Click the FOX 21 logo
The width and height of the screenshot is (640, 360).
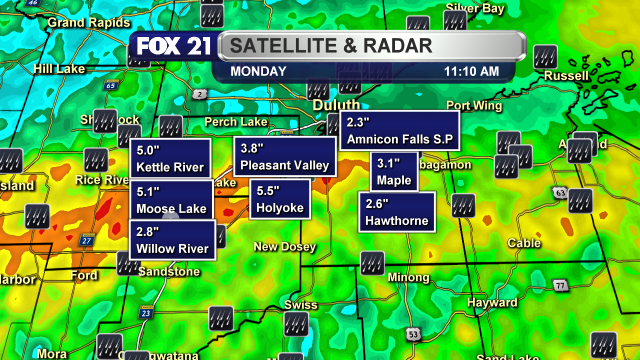pyautogui.click(x=173, y=46)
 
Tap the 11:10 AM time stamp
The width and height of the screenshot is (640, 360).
pyautogui.click(x=471, y=71)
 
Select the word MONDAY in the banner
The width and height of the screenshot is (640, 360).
pyautogui.click(x=258, y=71)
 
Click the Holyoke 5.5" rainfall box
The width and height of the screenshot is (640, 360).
pyautogui.click(x=280, y=199)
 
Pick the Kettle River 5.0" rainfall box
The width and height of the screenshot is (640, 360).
pyautogui.click(x=170, y=159)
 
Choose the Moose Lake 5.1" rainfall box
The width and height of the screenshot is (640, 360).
pyautogui.click(x=171, y=200)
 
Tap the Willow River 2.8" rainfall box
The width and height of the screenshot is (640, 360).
pyautogui.click(x=172, y=240)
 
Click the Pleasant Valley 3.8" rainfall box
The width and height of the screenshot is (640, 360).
pyautogui.click(x=285, y=157)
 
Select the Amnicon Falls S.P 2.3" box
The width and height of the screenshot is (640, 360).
pyautogui.click(x=400, y=131)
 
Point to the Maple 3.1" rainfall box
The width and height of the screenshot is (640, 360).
pyautogui.click(x=394, y=172)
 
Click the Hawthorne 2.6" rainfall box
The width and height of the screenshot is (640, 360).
pyautogui.click(x=397, y=212)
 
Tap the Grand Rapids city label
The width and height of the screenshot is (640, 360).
pyautogui.click(x=89, y=23)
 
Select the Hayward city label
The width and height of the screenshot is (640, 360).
pyautogui.click(x=492, y=303)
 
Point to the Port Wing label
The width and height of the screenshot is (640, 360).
pyautogui.click(x=474, y=106)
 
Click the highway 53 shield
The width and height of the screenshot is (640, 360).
pyautogui.click(x=413, y=334)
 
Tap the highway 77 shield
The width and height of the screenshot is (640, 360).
pyautogui.click(x=560, y=286)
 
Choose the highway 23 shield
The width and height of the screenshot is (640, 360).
pyautogui.click(x=146, y=313)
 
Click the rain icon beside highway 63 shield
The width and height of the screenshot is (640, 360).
pyautogui.click(x=580, y=201)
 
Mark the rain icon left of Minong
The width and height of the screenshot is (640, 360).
pyautogui.click(x=372, y=263)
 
